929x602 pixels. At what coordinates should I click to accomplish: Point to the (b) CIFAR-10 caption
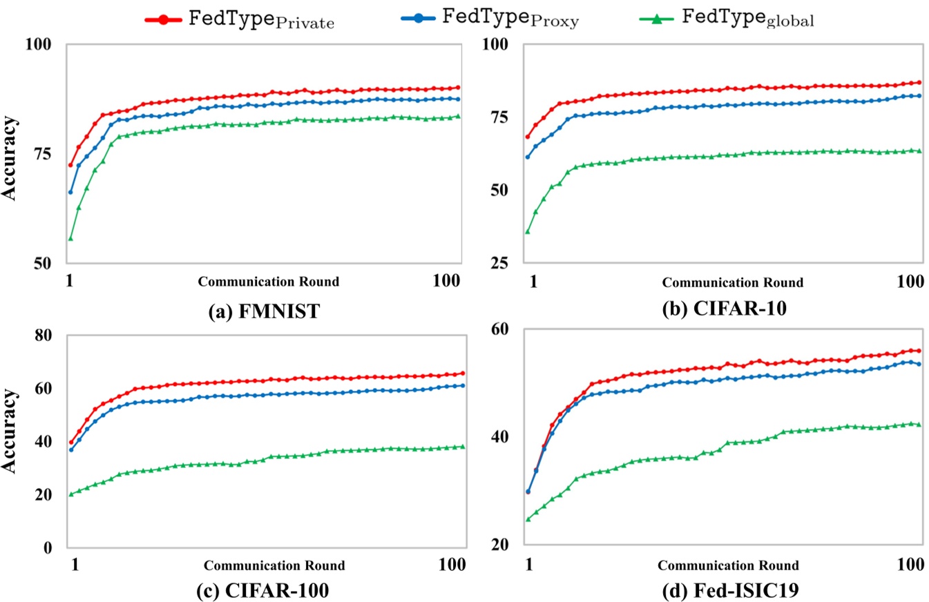click(726, 310)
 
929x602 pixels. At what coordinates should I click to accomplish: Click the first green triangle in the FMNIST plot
click(70, 238)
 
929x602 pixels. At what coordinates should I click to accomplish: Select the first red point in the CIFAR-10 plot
click(528, 137)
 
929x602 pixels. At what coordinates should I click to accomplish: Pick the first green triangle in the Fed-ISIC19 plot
click(528, 518)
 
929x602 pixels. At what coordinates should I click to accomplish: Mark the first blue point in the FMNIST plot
click(70, 192)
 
